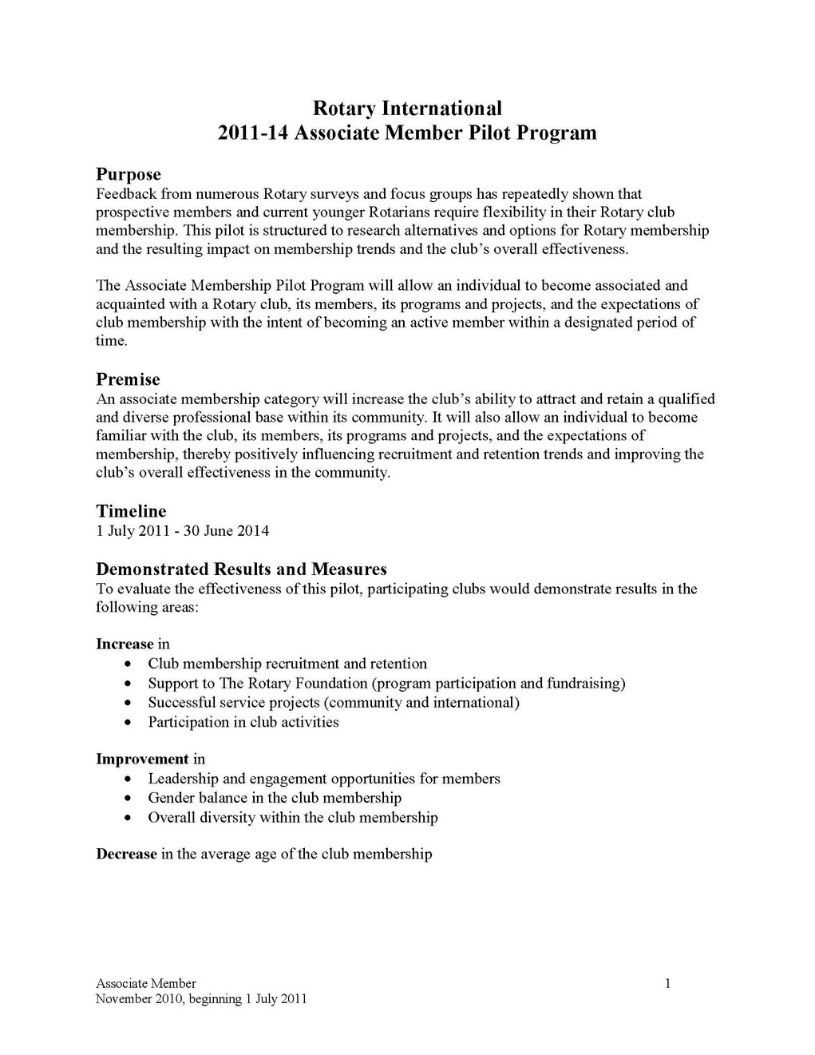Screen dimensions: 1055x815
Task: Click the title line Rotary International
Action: pos(407,108)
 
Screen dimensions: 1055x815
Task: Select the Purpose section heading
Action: pos(129,174)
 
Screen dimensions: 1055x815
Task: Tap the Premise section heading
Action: pos(128,379)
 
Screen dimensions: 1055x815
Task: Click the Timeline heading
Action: pos(131,511)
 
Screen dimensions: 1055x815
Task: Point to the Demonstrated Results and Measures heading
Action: pos(241,569)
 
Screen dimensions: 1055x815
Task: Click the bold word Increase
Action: pos(125,644)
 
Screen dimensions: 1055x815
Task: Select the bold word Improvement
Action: pos(142,759)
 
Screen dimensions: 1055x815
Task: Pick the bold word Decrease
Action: pos(126,854)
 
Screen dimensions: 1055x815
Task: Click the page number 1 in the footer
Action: pos(667,983)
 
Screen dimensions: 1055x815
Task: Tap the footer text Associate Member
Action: pos(146,983)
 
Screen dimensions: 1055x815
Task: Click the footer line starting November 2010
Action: pos(201,999)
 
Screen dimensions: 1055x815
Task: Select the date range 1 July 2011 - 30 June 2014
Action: pos(183,530)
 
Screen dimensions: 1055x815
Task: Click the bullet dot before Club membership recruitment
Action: pos(130,664)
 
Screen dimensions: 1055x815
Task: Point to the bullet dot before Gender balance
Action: pos(130,799)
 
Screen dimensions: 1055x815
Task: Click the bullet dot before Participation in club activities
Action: pos(130,723)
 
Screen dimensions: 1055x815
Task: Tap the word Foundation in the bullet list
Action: pos(321,683)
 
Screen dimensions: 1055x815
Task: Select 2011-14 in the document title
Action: pos(253,133)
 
